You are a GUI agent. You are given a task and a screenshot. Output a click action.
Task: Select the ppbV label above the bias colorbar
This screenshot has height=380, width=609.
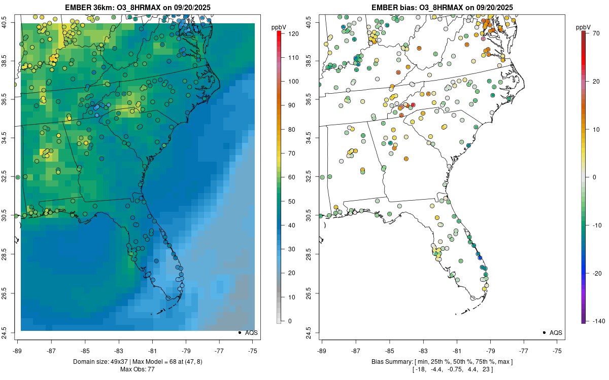tap(584, 26)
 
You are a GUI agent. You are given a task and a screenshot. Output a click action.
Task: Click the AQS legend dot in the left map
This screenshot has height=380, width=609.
tap(239, 332)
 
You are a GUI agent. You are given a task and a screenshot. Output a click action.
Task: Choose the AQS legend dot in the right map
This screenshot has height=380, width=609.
tap(544, 332)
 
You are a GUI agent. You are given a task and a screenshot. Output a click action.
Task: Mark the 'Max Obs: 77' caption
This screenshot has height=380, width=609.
tap(137, 369)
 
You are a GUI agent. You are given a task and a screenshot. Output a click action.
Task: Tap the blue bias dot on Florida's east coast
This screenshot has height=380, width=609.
tap(480, 258)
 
